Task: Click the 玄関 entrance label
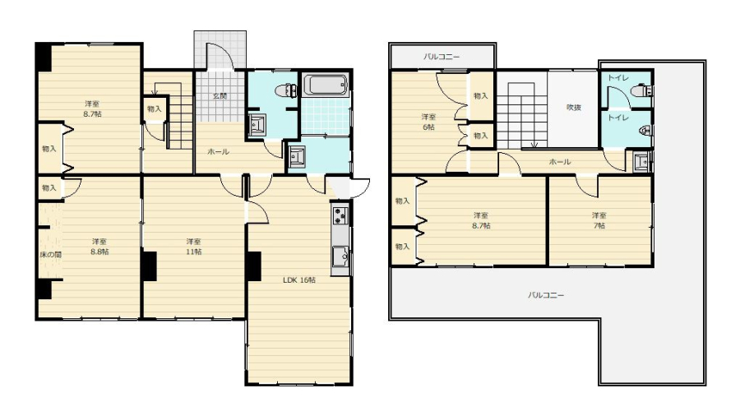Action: (x=220, y=95)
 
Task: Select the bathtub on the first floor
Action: (x=325, y=85)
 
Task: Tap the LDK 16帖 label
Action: (x=299, y=280)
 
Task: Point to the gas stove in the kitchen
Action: (x=340, y=215)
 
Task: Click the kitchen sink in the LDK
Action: (x=340, y=257)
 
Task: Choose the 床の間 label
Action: (x=50, y=255)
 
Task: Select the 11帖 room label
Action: (x=193, y=252)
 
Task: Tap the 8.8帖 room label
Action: (x=99, y=252)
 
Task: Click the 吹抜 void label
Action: (x=573, y=108)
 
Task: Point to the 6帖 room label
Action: (x=428, y=127)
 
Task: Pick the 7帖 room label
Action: (x=599, y=225)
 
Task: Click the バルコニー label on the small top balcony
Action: (x=441, y=57)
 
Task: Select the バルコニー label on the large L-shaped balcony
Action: (x=546, y=295)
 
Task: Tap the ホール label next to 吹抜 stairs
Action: (x=560, y=162)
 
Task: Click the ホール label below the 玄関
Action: (x=218, y=151)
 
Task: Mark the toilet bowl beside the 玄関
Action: (x=287, y=90)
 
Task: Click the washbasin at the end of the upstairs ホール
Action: (x=642, y=161)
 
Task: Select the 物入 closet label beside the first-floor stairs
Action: (x=154, y=109)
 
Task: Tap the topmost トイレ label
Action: (x=617, y=78)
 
